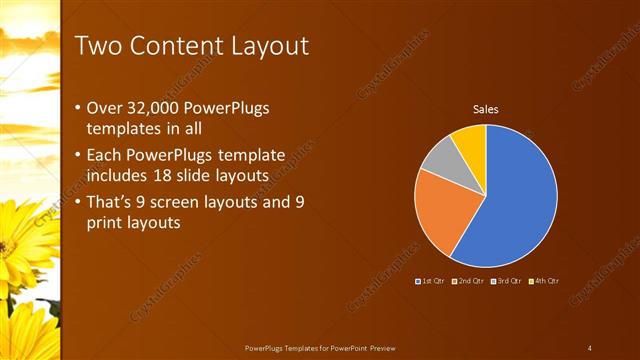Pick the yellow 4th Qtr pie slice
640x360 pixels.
pos(470,141)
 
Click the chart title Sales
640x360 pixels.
pos(486,109)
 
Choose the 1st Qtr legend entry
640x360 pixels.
pos(433,281)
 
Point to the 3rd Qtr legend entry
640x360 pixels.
pos(506,281)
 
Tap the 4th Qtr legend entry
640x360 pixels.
pos(543,281)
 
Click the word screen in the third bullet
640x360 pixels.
pos(201,202)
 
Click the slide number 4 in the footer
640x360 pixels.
pos(590,347)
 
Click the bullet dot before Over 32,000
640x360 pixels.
pos(79,108)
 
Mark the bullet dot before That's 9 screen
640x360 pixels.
pos(79,203)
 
